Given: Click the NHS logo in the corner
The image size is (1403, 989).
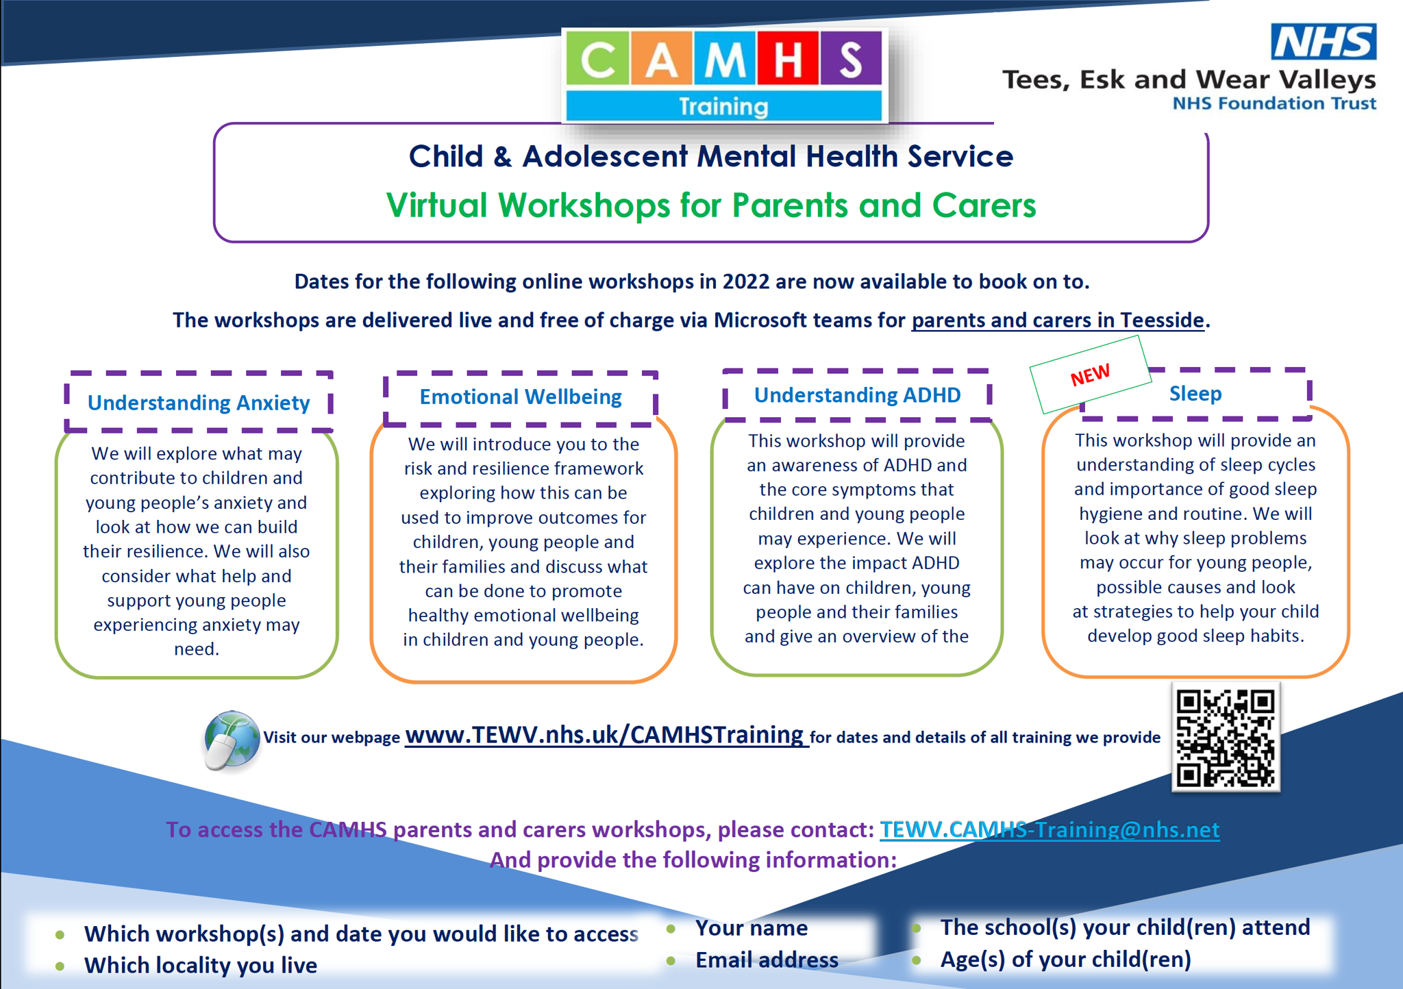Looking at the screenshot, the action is pos(1323,42).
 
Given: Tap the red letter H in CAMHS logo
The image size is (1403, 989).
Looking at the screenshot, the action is pos(787,59).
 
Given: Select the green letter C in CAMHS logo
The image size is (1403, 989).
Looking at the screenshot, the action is pos(597,60).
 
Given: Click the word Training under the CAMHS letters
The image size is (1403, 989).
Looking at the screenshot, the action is pos(723,106).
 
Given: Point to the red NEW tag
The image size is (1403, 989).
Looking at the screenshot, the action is pos(1090,374).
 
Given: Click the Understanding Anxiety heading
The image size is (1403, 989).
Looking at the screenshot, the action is pos(199,403).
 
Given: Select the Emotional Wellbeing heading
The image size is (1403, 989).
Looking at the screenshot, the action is pos(521,397).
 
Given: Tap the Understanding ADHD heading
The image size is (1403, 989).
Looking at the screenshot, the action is pos(857,395).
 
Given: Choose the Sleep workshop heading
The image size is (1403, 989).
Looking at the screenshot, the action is pos(1195,394).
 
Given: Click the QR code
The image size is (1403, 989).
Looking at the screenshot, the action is pos(1226,738).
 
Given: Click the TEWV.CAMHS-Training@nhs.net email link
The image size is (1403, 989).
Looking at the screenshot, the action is pos(1050,829).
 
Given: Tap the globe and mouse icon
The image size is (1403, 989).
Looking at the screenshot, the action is pos(232,740).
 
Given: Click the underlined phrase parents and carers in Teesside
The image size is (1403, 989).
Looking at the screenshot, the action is pos(1058,320).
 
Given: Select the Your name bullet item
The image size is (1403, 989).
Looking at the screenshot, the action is pos(752,928).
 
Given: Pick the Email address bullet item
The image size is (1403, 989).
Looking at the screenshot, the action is pos(767,960).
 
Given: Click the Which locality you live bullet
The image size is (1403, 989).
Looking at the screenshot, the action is pos(200,966).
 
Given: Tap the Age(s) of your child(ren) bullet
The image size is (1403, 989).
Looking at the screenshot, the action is pos(1065,960).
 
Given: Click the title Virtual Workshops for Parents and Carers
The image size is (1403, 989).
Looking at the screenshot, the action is pos(711,205).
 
